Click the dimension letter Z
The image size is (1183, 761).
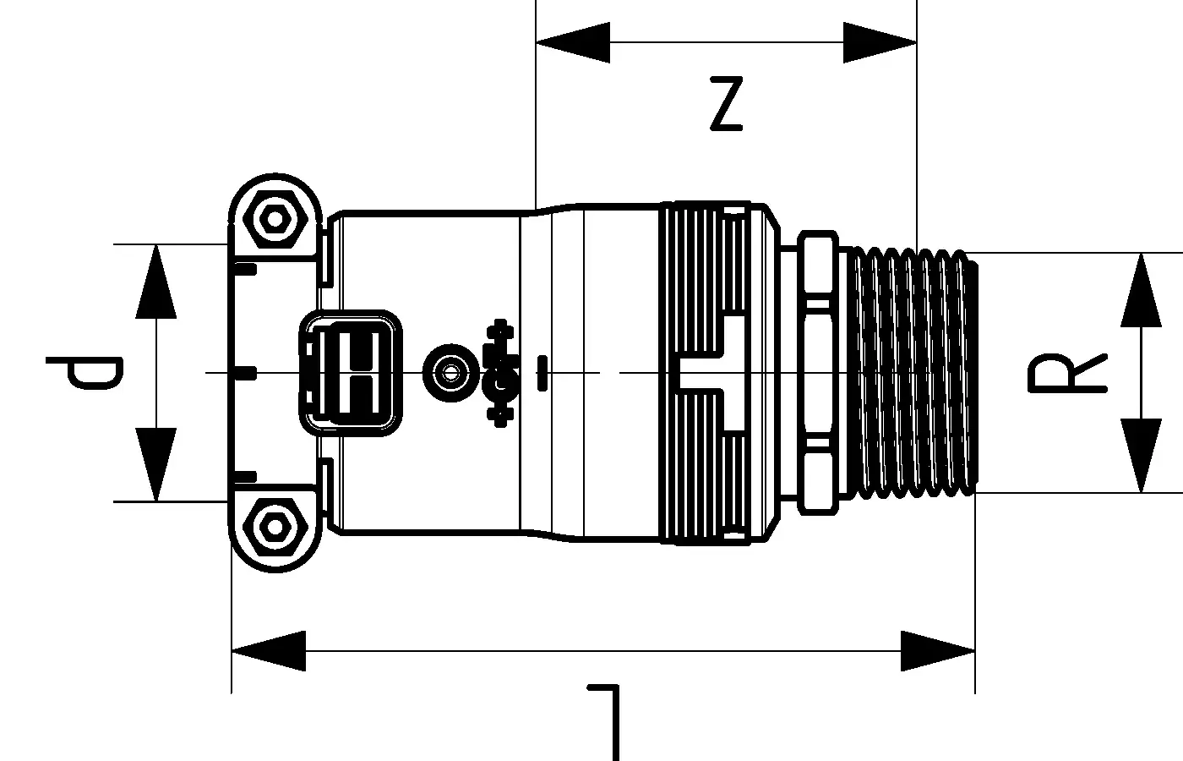[x=727, y=105]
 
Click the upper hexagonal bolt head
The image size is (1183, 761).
[x=273, y=219]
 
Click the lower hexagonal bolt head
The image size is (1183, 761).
[x=273, y=527]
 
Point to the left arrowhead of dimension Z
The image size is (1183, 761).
[x=572, y=42]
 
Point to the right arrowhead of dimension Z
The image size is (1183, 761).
[x=880, y=42]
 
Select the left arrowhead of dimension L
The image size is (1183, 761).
[x=268, y=651]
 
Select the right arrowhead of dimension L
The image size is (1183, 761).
[x=939, y=651]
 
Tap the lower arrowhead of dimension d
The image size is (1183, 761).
[x=157, y=464]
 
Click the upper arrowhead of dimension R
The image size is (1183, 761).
[x=1141, y=289]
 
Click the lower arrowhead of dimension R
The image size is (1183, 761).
[x=1141, y=455]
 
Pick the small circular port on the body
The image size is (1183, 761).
[x=445, y=370]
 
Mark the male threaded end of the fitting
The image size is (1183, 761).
[x=913, y=372]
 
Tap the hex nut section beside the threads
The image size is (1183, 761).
[x=818, y=372]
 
